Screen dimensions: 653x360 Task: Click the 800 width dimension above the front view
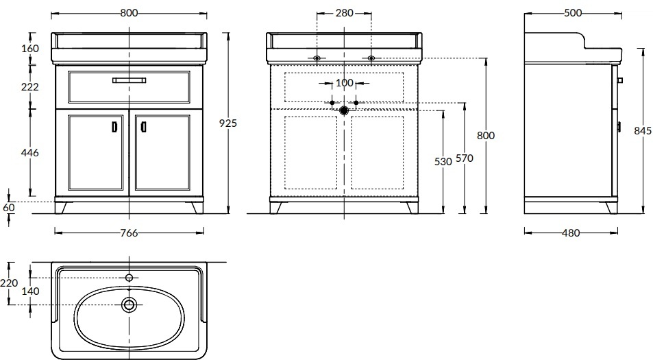click(129, 13)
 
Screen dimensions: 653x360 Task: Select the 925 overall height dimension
click(227, 123)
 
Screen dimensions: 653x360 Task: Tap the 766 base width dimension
click(129, 233)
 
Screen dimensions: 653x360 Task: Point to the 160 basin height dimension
click(30, 48)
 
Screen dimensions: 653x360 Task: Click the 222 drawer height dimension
click(30, 86)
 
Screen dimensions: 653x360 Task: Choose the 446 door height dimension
click(30, 153)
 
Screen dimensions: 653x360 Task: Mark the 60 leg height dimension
click(9, 208)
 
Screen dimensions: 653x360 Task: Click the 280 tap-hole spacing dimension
click(345, 13)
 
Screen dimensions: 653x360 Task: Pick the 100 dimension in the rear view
click(345, 83)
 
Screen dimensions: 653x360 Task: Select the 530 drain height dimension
click(443, 161)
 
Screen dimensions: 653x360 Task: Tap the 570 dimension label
click(465, 158)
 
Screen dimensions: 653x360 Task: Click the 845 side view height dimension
click(643, 131)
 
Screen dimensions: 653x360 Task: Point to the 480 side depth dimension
click(571, 233)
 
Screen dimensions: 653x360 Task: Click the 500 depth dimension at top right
click(573, 13)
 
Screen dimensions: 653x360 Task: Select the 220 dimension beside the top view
click(9, 283)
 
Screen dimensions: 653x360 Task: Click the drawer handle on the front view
click(129, 80)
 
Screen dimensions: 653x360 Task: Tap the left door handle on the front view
click(115, 127)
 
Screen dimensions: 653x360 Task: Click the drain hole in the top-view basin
click(129, 304)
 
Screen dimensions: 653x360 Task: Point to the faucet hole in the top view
click(129, 278)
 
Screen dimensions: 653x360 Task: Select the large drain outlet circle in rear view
click(344, 110)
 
